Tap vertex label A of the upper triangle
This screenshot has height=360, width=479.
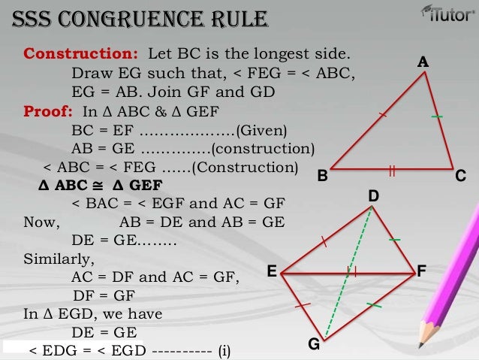click(423, 64)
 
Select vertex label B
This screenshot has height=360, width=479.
click(322, 176)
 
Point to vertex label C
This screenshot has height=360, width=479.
click(461, 175)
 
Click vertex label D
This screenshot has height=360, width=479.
click(373, 196)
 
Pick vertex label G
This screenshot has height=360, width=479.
click(314, 344)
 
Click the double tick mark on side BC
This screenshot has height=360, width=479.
click(392, 171)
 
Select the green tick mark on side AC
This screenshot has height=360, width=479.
click(437, 117)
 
